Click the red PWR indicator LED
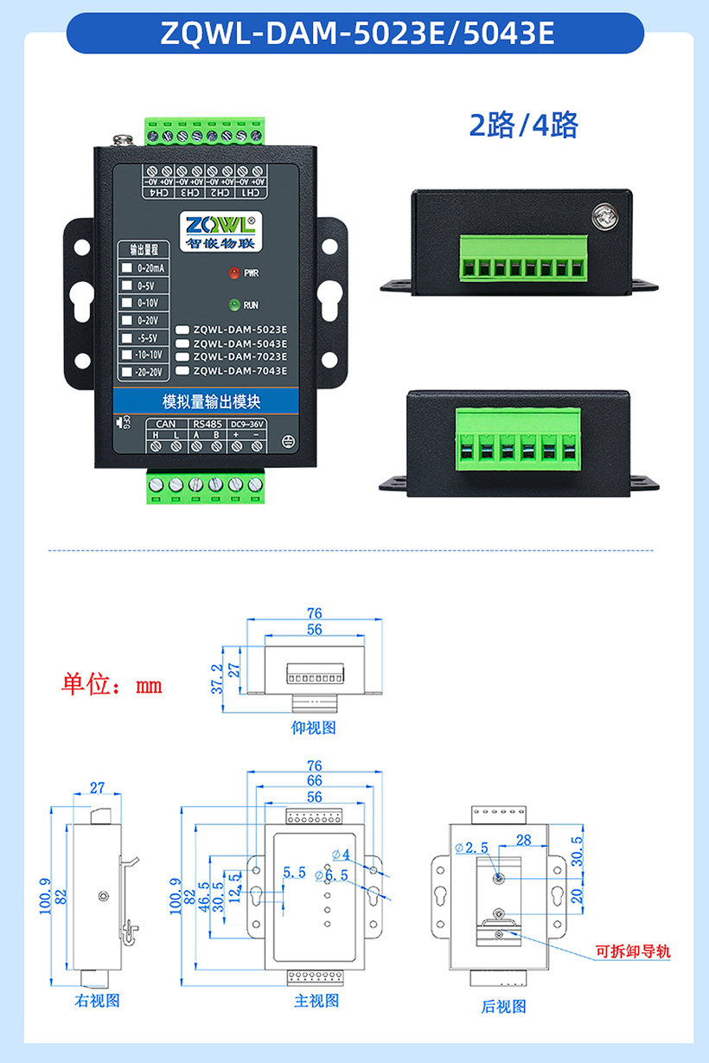(233, 272)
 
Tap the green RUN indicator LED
(233, 304)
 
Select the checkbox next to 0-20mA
(127, 268)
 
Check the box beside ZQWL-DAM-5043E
(182, 343)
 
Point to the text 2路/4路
(523, 125)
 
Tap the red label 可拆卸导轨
(633, 952)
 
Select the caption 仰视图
(313, 727)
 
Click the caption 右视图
(97, 1001)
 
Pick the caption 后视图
(503, 1006)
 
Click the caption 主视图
(316, 1001)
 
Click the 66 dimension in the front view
(314, 781)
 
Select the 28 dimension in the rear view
(522, 840)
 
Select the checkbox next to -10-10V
(127, 355)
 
